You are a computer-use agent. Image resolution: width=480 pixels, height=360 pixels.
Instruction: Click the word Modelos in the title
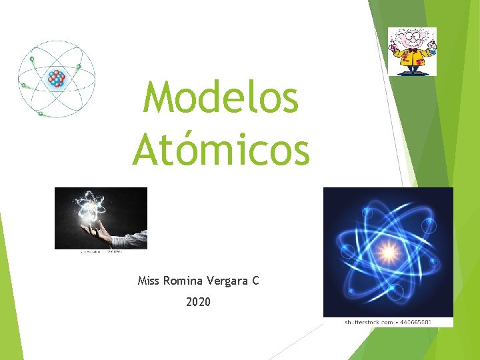[x=221, y=97]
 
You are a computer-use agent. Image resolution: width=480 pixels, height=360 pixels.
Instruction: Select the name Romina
[x=182, y=281]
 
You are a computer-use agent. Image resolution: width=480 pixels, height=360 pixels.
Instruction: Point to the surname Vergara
[x=227, y=281]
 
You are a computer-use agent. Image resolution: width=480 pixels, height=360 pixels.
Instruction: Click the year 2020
[x=198, y=302]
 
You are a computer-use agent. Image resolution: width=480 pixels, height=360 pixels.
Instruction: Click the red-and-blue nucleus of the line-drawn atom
[x=57, y=79]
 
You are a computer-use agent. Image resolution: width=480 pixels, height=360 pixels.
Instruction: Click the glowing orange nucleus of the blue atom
[x=388, y=252]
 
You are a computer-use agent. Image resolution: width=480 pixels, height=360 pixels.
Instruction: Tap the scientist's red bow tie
[x=413, y=51]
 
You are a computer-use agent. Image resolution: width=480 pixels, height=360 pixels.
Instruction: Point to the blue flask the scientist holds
[x=431, y=48]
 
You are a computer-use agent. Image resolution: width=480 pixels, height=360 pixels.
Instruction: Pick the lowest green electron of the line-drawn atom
[x=41, y=114]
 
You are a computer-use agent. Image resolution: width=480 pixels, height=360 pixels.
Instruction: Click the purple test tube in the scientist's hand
[x=395, y=47]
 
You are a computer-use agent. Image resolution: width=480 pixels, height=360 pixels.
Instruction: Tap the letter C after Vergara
[x=255, y=281]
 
